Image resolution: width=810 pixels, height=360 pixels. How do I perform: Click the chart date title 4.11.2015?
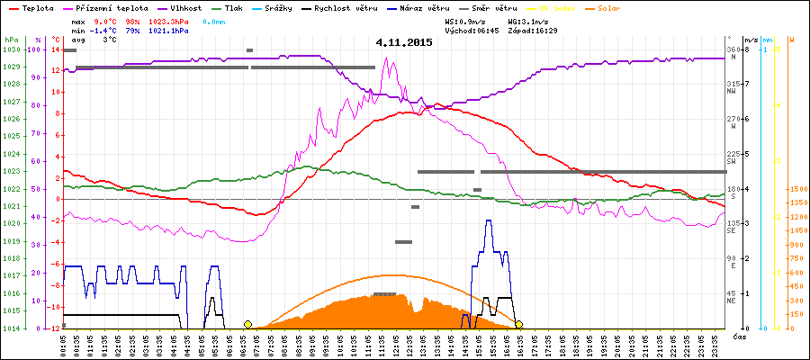(404, 42)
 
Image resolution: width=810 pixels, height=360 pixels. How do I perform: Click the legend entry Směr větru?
(496, 7)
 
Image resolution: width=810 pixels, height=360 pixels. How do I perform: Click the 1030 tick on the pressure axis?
(11, 50)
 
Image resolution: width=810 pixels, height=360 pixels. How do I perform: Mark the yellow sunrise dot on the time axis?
(247, 324)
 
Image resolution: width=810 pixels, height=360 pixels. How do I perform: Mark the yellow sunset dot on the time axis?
(519, 324)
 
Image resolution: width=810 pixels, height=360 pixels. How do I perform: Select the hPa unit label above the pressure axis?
(11, 40)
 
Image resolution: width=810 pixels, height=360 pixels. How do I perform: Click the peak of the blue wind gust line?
(489, 220)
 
